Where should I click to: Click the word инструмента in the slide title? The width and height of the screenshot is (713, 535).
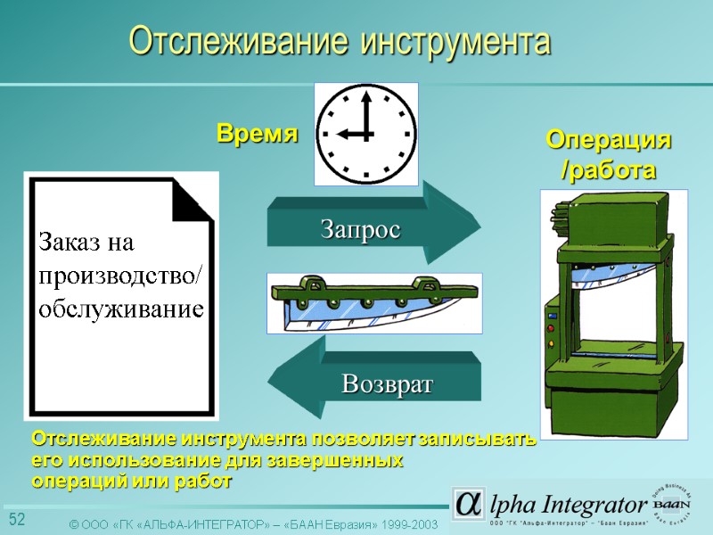(x=455, y=41)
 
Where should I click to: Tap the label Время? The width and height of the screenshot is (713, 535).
(x=257, y=135)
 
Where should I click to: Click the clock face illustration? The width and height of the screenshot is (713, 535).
(x=366, y=134)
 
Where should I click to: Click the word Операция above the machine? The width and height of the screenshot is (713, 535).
(x=609, y=141)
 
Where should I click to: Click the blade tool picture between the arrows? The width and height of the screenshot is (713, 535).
(x=374, y=303)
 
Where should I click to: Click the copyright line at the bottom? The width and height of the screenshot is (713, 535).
(x=254, y=524)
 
